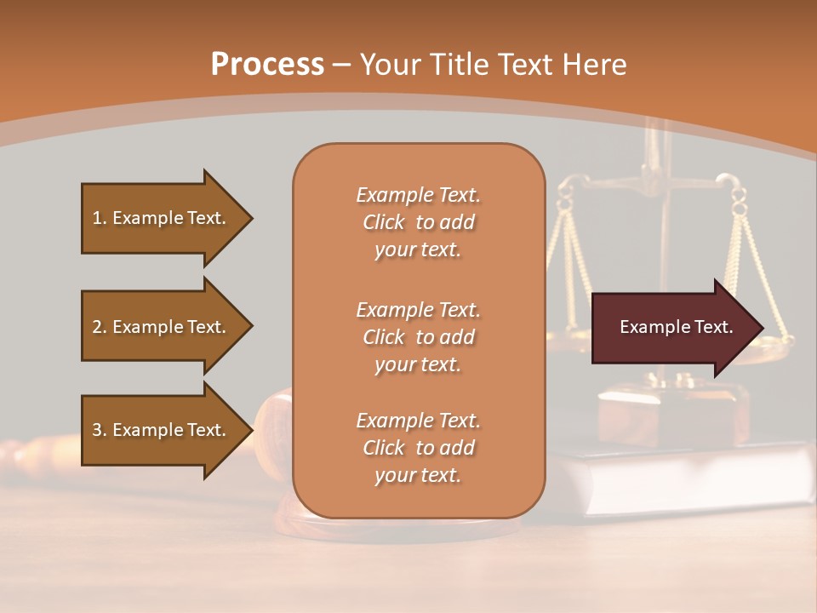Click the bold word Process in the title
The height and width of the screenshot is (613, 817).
(x=267, y=65)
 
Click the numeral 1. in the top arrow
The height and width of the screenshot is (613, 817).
(x=100, y=219)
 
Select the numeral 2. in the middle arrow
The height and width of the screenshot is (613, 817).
(x=100, y=328)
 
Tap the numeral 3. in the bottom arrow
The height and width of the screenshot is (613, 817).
(x=100, y=431)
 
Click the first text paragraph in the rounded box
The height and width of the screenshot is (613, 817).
(x=418, y=222)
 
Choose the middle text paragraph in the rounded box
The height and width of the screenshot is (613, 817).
(x=418, y=337)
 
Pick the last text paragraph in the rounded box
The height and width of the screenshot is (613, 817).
(x=418, y=448)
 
